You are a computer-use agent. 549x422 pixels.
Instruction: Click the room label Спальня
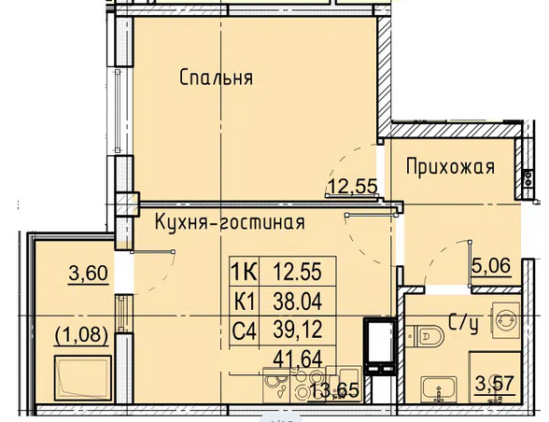(x=216, y=77)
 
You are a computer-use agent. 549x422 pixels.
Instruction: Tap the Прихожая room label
(x=450, y=167)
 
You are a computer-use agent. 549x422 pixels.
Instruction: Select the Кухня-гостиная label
(x=230, y=222)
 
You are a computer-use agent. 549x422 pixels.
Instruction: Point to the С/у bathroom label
(x=463, y=324)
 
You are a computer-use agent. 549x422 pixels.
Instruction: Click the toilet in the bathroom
(x=425, y=336)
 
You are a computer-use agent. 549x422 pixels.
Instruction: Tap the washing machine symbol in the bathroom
(x=506, y=320)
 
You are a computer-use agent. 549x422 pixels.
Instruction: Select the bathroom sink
(x=439, y=389)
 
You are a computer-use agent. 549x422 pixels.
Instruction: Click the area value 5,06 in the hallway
(x=491, y=266)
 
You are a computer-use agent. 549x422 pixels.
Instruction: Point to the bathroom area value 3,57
(x=495, y=384)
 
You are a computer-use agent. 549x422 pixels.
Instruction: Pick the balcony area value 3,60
(x=88, y=274)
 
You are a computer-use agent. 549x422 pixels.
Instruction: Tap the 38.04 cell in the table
(x=297, y=302)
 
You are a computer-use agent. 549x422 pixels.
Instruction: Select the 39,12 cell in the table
(x=297, y=331)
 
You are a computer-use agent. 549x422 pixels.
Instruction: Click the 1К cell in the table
(x=245, y=272)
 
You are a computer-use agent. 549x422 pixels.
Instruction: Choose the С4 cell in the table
(x=245, y=331)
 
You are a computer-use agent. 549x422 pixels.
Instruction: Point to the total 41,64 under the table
(x=298, y=359)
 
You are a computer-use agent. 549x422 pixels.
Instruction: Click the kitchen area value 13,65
(x=335, y=390)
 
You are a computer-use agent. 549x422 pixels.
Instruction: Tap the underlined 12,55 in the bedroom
(x=352, y=186)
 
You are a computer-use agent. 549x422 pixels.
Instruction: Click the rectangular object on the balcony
(x=83, y=378)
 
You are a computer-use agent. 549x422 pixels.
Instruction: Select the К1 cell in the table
(x=245, y=302)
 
